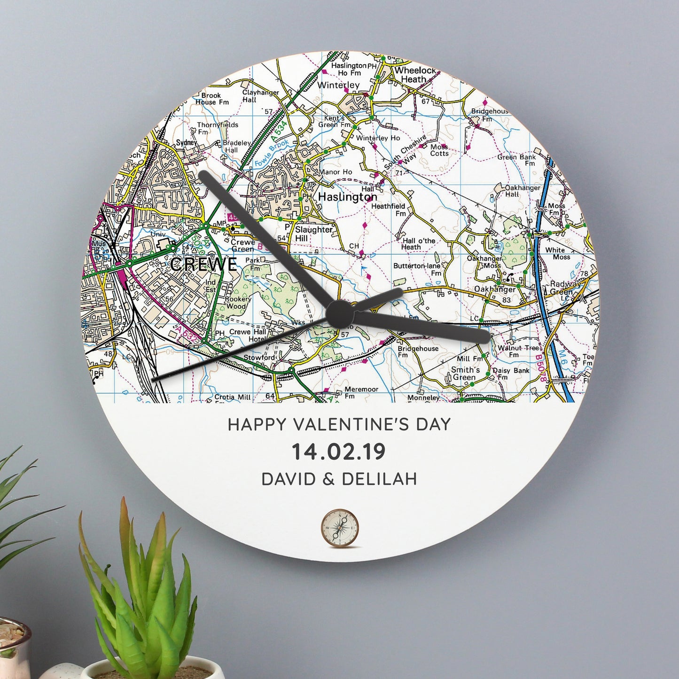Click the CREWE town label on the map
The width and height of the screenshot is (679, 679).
coord(203,264)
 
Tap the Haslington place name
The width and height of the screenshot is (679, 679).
coord(347,197)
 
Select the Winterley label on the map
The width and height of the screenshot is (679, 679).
coord(338,85)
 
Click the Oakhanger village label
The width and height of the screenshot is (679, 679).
coord(494,289)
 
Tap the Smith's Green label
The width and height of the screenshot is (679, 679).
coord(465,374)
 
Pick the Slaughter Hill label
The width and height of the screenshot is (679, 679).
coord(313,234)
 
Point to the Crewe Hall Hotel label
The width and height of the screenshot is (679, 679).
coord(248,336)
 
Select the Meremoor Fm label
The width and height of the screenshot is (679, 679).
coord(361,393)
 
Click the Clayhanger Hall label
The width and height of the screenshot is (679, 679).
coord(260,96)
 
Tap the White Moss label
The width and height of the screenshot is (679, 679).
coord(558,253)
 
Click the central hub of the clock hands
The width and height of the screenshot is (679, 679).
coord(340,313)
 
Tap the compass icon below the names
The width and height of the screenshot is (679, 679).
coord(339,528)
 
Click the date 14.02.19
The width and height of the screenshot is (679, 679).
coord(339,452)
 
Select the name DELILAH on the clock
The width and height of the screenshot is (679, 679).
coord(379,479)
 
